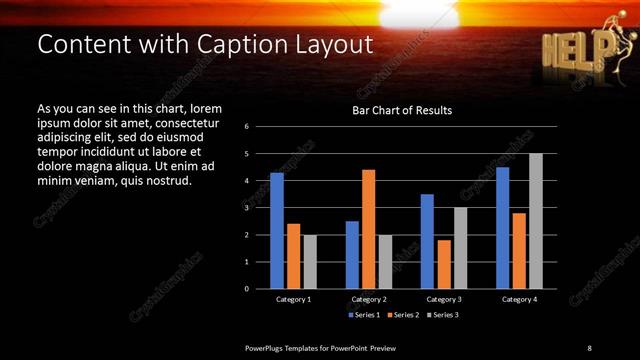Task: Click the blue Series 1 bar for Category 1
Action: [x=277, y=231]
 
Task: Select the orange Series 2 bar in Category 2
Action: [x=369, y=229]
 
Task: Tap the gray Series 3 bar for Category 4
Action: [x=536, y=221]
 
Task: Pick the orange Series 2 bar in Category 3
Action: [x=444, y=264]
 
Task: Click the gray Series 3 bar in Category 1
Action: [x=310, y=262]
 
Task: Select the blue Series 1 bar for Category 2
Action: [x=352, y=255]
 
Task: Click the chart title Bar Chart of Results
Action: [x=402, y=110]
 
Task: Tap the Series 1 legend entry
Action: [x=363, y=314]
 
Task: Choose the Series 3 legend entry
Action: [x=443, y=314]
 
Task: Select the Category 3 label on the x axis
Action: [x=444, y=299]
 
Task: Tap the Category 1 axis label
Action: [x=294, y=299]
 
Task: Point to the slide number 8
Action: [x=589, y=347]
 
